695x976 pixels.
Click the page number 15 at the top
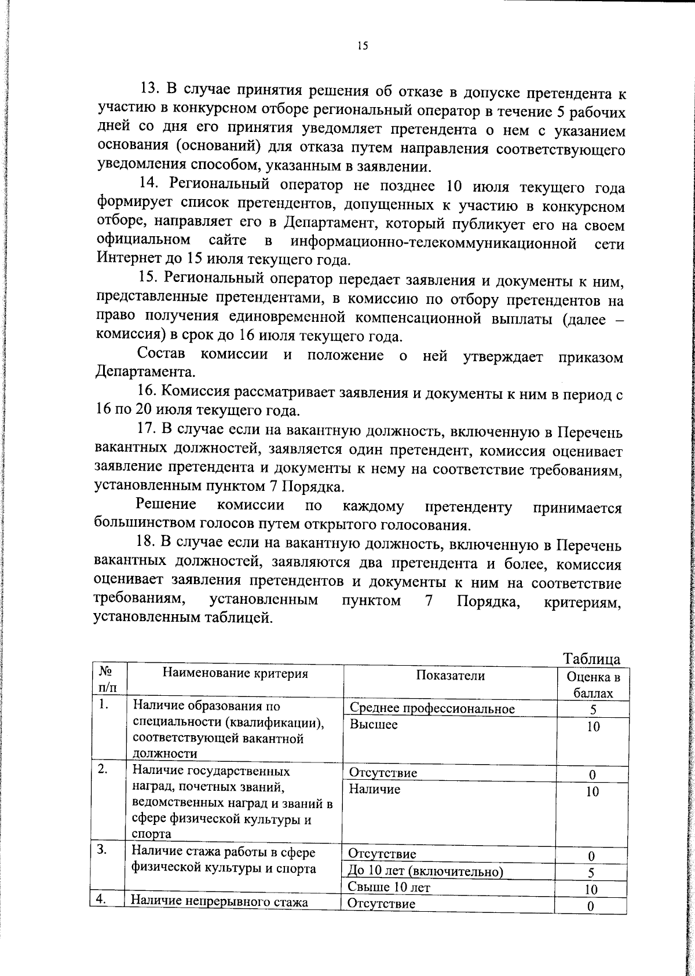363,47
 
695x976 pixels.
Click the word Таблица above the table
591,659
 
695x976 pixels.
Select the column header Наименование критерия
235,673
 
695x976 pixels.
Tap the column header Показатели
450,675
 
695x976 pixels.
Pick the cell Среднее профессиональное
432,709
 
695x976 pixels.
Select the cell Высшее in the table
374,725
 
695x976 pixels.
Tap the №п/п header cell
107,680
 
